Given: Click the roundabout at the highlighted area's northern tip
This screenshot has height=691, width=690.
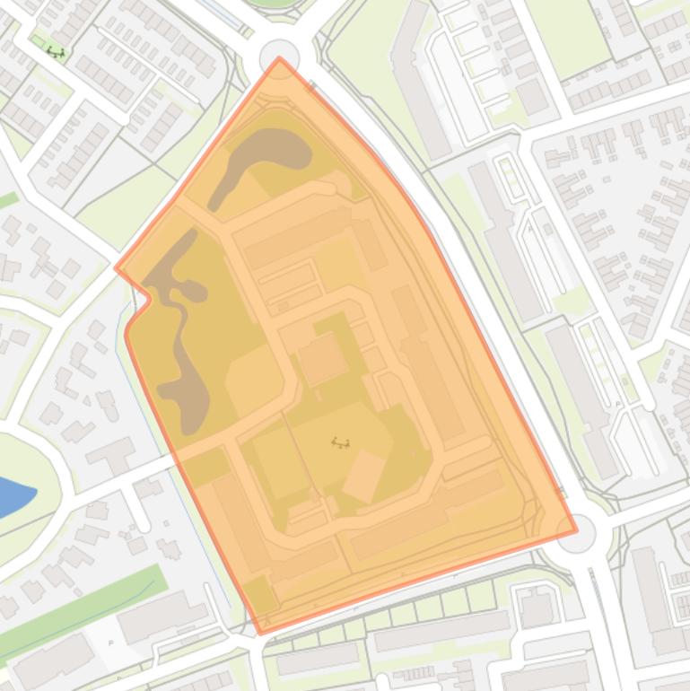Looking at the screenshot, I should click(x=279, y=57).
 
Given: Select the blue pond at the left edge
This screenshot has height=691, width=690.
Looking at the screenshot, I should click(x=13, y=496).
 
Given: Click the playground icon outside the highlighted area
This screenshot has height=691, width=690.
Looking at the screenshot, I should click(x=56, y=52).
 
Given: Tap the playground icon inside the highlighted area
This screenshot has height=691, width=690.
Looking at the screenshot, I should click(x=340, y=442).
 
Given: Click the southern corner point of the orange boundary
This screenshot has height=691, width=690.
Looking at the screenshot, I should click(x=261, y=633).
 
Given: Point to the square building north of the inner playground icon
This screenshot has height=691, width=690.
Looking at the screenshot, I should click(x=322, y=358).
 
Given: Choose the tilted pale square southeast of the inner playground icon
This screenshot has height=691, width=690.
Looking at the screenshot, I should click(x=365, y=476).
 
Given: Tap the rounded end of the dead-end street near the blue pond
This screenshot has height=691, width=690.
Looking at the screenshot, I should click(x=143, y=523).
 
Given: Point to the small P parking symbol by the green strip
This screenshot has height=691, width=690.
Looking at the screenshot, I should click(x=110, y=643).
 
